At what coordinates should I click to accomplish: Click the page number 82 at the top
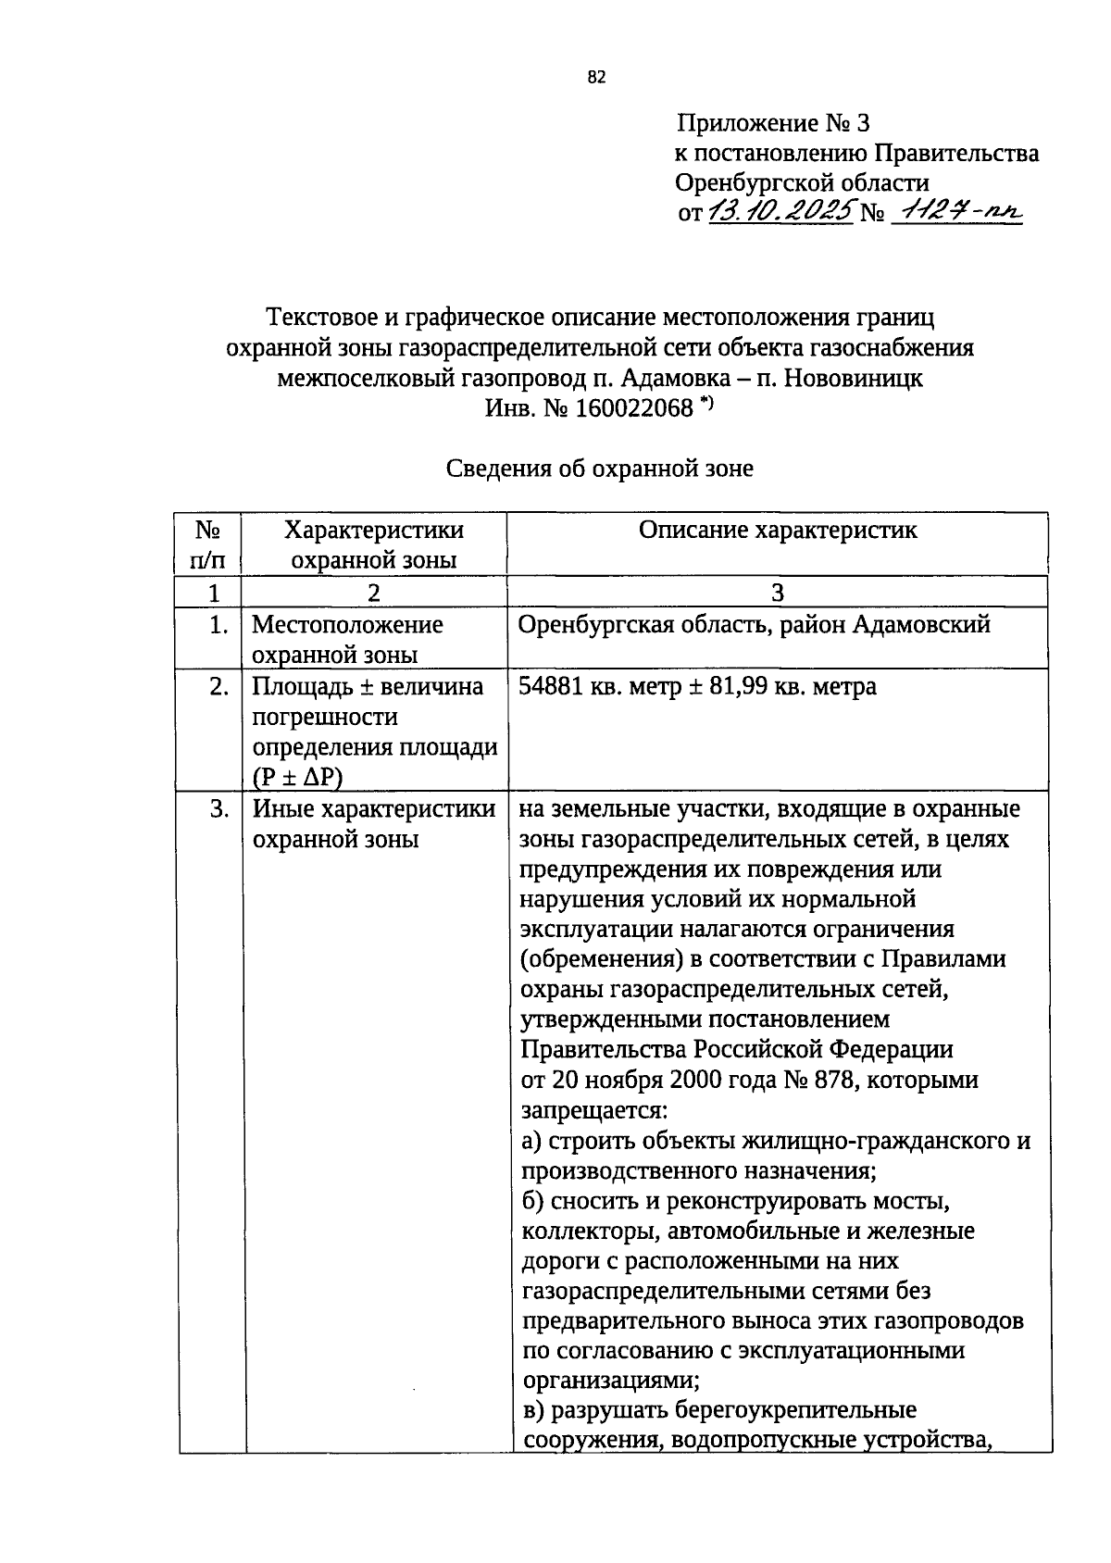pos(596,78)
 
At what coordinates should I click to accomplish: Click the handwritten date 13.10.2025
pos(780,212)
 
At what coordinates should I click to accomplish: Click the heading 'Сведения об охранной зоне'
pos(600,469)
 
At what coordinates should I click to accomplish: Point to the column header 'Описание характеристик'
pos(778,530)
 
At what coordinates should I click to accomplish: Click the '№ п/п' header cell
pos(209,544)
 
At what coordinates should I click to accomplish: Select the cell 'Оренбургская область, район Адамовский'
pos(755,625)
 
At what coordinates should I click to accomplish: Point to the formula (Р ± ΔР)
pos(297,778)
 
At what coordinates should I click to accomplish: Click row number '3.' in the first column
pos(218,809)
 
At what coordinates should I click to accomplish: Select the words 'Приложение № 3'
pos(773,123)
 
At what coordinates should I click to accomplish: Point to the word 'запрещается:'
pos(593,1110)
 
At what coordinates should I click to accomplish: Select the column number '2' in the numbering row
pos(373,593)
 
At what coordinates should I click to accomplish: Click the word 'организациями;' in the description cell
pos(611,1381)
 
